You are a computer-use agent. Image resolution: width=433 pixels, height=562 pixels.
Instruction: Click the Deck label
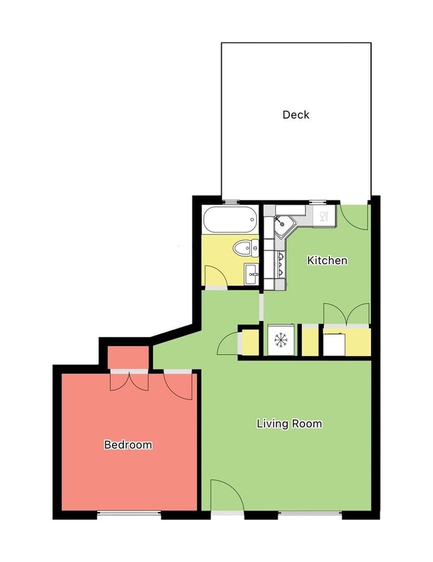(296, 115)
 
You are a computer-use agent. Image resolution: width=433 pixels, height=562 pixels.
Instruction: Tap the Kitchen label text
(326, 260)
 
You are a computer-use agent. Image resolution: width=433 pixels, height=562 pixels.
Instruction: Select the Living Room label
(289, 423)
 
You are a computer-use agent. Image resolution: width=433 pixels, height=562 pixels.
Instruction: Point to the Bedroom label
(128, 444)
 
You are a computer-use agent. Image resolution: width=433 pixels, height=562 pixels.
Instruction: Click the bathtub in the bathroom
(230, 218)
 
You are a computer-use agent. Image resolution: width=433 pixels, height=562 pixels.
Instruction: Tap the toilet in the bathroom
(244, 248)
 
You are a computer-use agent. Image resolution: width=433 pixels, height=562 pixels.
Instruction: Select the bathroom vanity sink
(252, 273)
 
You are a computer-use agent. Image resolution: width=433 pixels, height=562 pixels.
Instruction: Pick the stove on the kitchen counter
(280, 264)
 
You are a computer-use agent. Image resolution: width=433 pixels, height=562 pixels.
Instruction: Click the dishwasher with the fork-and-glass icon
(323, 216)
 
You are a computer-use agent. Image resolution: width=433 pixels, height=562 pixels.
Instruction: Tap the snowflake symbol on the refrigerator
(280, 341)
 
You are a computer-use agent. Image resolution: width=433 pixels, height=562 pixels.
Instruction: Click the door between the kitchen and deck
(353, 216)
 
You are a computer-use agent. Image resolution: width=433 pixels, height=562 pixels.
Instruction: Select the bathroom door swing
(215, 276)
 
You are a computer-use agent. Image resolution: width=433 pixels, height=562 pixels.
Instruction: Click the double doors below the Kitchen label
(346, 314)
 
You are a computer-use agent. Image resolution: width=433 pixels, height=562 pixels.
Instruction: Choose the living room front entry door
(226, 496)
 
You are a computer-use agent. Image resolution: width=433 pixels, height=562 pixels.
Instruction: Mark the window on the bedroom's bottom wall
(129, 514)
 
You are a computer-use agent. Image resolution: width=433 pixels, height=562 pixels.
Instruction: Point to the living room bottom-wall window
(310, 514)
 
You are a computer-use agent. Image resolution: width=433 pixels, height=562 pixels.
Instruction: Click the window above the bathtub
(231, 201)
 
